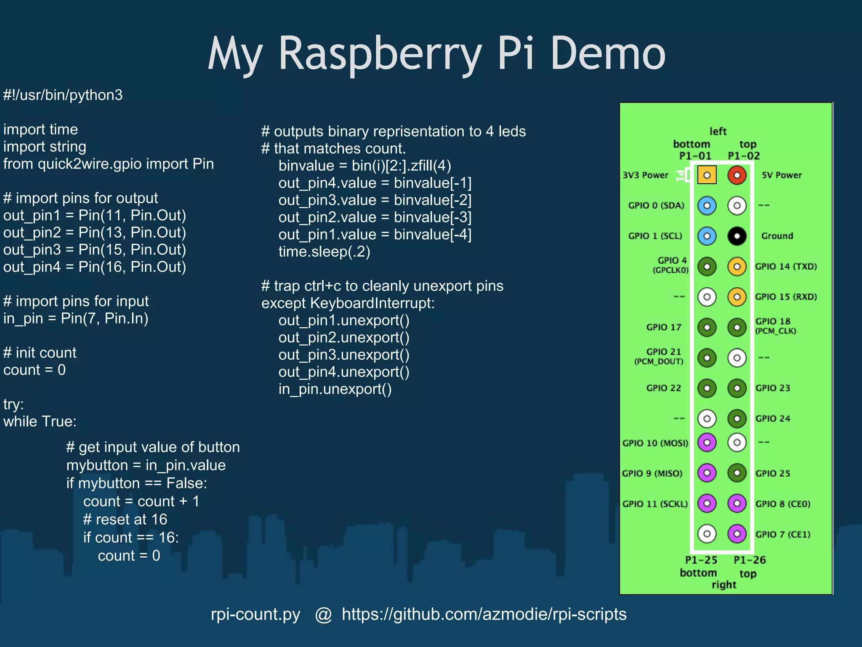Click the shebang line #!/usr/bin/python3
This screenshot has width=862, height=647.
point(63,95)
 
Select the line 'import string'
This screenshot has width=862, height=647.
point(45,147)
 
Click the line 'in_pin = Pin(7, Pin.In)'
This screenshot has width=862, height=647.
point(76,318)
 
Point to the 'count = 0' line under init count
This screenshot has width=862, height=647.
point(35,370)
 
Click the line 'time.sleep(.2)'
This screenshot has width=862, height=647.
point(324,252)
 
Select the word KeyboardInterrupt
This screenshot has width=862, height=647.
point(372,303)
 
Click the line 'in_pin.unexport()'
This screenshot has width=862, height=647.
point(335,389)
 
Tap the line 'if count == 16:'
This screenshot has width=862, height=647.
point(131,537)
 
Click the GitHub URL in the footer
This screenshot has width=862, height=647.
point(484,614)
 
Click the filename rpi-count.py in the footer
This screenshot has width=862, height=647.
point(255,614)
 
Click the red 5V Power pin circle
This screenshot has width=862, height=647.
point(737,175)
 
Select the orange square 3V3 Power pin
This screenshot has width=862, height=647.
point(707,175)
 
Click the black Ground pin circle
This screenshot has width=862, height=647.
point(737,236)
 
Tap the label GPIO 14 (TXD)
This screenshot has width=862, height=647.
point(785,266)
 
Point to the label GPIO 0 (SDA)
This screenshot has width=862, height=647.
point(656,206)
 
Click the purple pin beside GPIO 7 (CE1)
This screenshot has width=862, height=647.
point(737,534)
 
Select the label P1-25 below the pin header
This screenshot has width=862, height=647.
point(701,560)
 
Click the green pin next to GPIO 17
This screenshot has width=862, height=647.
point(707,327)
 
